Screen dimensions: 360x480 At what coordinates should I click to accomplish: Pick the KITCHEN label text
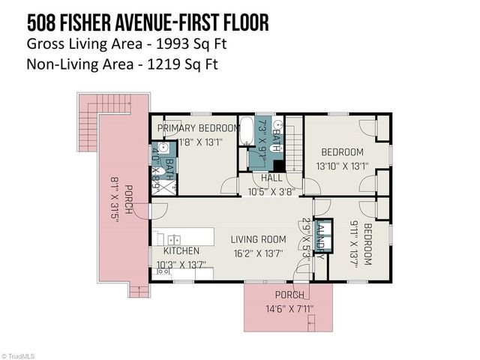tap(182, 250)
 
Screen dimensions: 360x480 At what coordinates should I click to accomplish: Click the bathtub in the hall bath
tap(245, 130)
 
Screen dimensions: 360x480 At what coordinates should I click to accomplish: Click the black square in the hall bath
tap(278, 166)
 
